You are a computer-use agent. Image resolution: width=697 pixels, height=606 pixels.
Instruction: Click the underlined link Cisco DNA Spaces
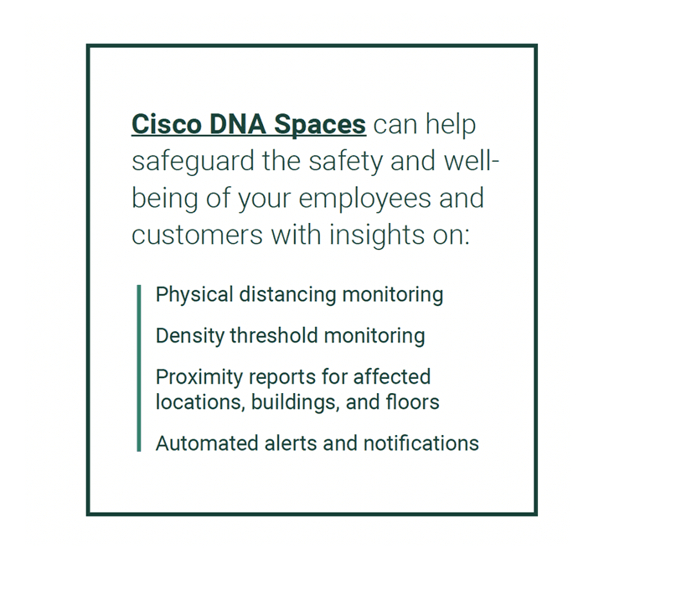[x=249, y=124]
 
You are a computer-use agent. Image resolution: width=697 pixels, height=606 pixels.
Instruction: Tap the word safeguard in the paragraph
[x=193, y=162]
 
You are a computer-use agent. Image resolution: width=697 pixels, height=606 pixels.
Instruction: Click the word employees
[x=365, y=199]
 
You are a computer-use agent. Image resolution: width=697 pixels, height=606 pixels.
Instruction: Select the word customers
[x=198, y=235]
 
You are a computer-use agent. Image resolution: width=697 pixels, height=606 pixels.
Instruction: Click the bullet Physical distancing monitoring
[x=300, y=295]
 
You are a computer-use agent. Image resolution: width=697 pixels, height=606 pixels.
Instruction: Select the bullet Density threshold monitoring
[x=290, y=336]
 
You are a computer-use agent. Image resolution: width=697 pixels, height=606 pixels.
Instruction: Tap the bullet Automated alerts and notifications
[x=318, y=443]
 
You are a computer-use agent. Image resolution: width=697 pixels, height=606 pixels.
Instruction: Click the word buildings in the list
[x=292, y=403]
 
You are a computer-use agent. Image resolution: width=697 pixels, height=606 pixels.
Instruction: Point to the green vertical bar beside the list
[x=139, y=368]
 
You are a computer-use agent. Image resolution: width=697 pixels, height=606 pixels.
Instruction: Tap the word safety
[x=345, y=162]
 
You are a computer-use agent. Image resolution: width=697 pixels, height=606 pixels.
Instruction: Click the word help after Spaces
[x=451, y=125]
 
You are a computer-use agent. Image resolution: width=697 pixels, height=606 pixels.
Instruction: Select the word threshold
[x=274, y=335]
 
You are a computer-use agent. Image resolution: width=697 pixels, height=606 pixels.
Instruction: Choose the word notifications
[x=421, y=443]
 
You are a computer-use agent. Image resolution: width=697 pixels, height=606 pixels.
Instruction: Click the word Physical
[x=194, y=295]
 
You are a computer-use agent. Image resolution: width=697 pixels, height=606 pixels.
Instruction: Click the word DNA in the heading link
[x=237, y=124]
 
